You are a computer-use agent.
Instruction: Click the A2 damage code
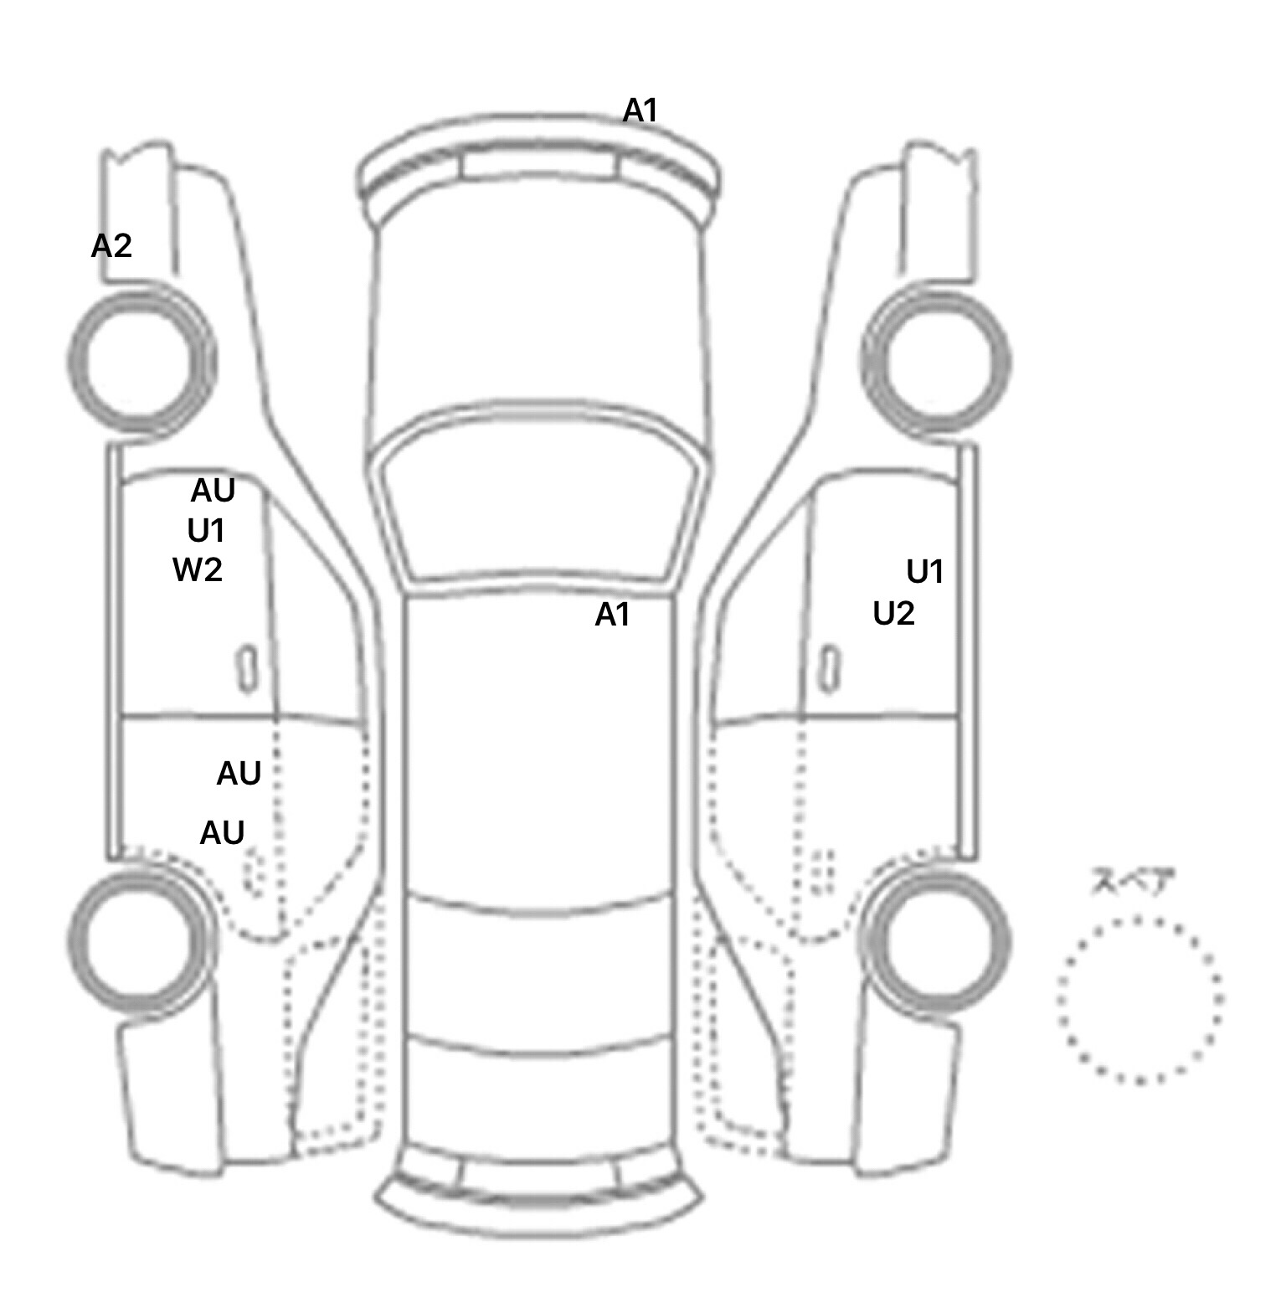111,246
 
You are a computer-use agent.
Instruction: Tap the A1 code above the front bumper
640,110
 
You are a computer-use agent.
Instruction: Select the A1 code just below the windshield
612,615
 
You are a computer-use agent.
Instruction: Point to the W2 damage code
198,570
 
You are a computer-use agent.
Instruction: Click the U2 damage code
893,614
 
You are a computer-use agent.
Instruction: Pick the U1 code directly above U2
925,572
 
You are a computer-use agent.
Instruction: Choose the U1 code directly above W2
206,531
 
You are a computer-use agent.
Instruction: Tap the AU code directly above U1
213,491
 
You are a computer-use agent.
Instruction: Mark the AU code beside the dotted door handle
222,832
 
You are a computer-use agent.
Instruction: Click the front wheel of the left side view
141,359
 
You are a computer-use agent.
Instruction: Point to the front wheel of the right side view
936,363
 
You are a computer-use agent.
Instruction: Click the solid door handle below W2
246,668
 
